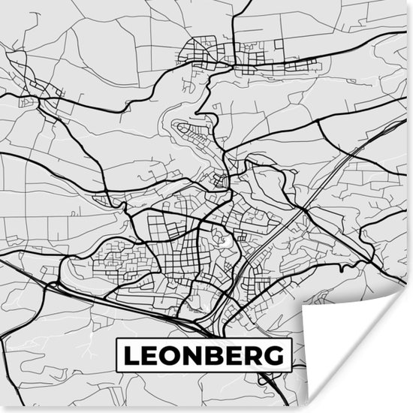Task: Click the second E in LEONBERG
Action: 240,354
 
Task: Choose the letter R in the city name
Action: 259,354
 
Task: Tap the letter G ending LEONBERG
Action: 279,354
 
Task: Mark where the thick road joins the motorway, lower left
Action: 54,284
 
